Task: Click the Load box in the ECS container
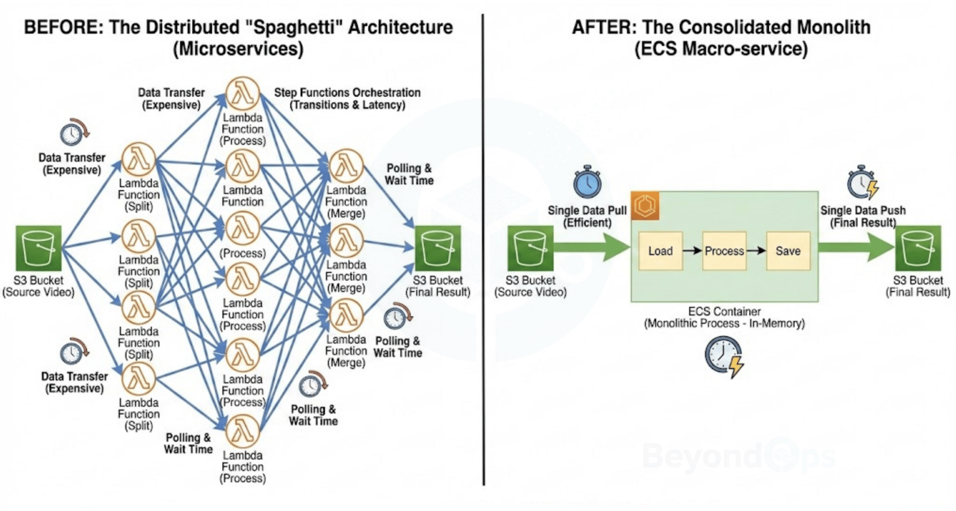coord(660,251)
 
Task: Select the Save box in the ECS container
coord(788,251)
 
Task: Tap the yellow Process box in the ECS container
coord(724,251)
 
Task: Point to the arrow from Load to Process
coord(692,251)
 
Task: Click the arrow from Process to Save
coord(756,251)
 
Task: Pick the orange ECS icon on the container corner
coord(645,205)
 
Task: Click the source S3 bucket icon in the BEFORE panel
coord(38,248)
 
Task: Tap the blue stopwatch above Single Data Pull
coord(588,182)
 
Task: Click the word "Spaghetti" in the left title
coord(293,27)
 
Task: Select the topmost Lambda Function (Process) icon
coord(242,94)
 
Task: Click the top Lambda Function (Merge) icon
coord(346,166)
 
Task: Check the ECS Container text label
coord(724,311)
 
